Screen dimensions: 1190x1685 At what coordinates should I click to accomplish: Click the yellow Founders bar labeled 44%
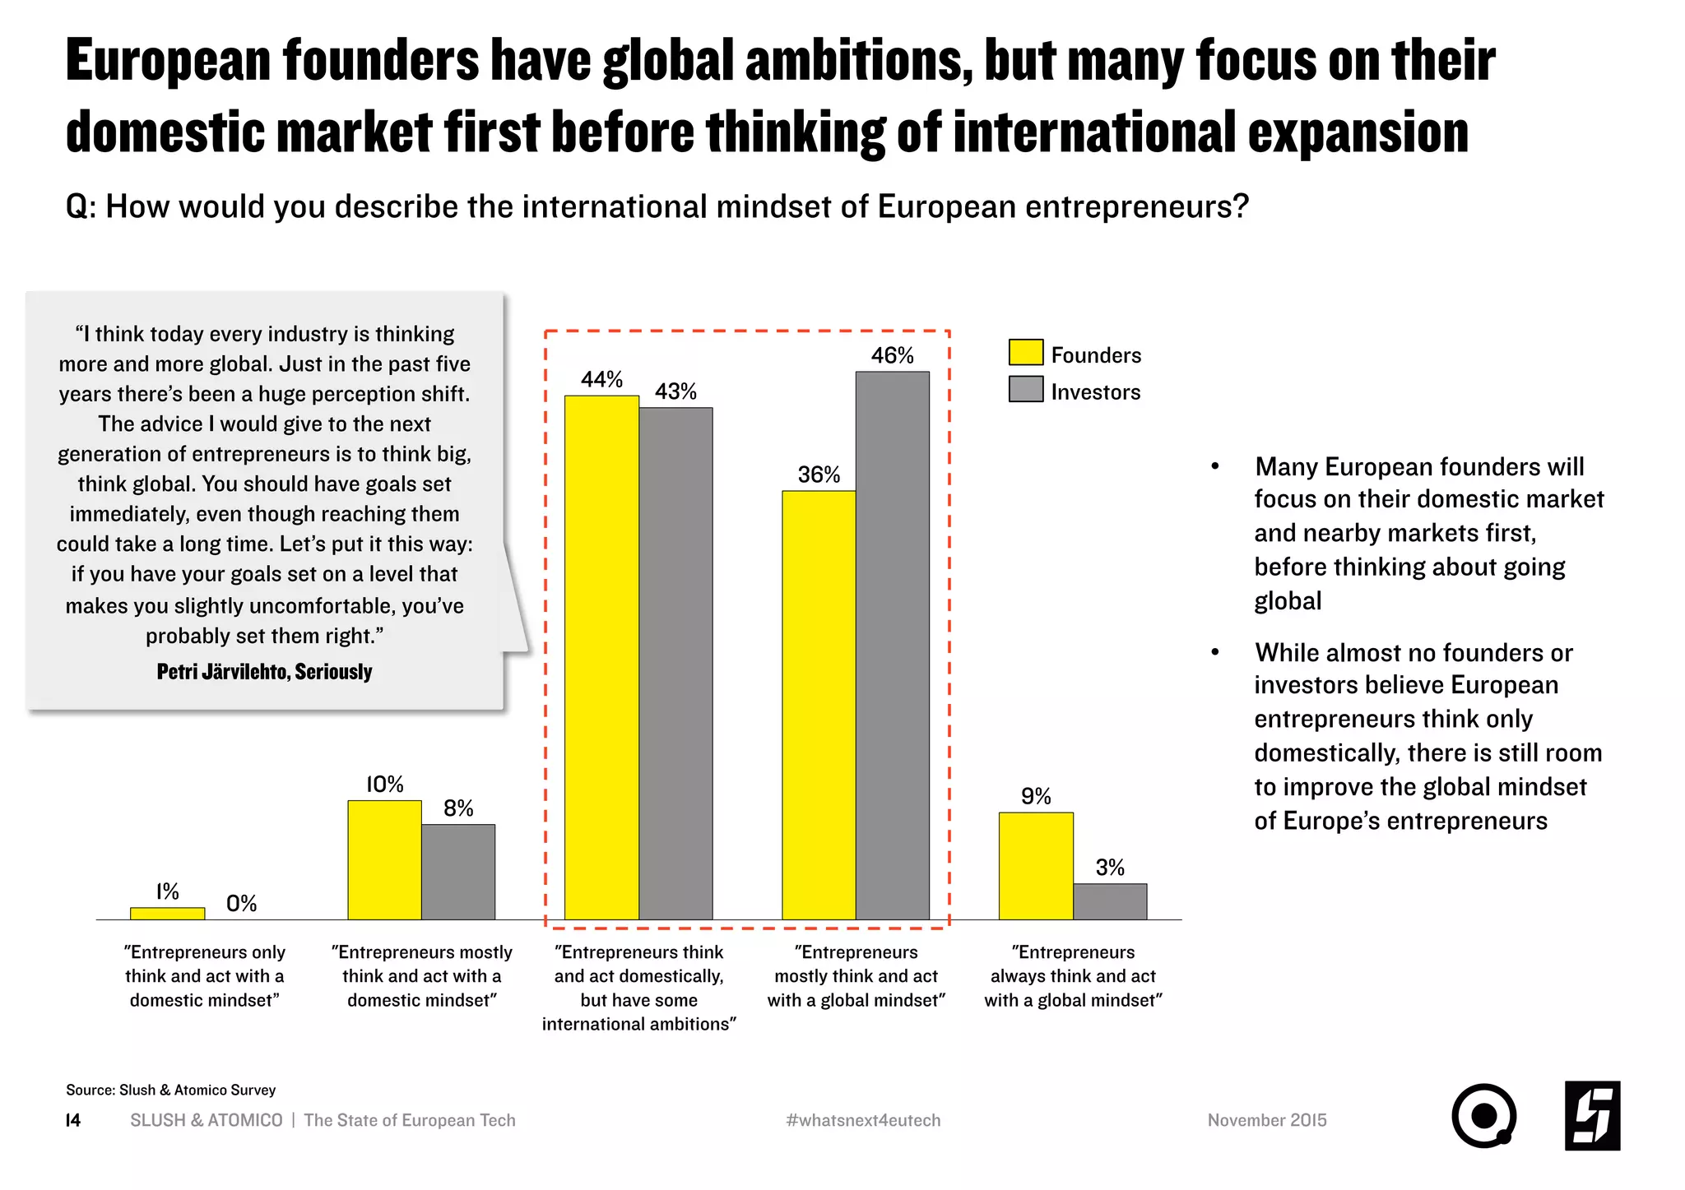click(601, 658)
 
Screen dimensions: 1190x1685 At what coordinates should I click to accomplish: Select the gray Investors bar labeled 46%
click(893, 646)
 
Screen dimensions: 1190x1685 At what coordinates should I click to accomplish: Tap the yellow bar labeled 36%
click(819, 705)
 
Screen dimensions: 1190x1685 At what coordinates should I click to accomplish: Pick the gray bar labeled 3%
click(1110, 901)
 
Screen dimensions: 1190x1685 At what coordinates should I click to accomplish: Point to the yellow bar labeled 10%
click(384, 859)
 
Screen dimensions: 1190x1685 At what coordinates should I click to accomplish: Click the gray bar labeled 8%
click(458, 872)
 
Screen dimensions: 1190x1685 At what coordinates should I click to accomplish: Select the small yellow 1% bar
click(167, 914)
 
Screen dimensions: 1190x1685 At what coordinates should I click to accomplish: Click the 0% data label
click(241, 904)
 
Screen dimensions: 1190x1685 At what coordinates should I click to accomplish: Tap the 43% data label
click(675, 391)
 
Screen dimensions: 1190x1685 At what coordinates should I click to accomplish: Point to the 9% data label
click(1036, 796)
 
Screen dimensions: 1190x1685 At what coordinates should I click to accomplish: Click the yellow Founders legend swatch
click(1025, 353)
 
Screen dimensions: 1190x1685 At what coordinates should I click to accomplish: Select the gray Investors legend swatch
click(1025, 390)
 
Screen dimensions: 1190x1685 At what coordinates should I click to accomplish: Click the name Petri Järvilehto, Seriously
click(264, 672)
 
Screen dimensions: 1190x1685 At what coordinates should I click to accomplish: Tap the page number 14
click(73, 1120)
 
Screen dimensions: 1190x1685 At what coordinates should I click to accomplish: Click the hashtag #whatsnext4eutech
click(863, 1120)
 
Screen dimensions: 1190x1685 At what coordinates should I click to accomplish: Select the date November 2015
click(1267, 1120)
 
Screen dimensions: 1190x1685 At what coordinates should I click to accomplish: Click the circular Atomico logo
click(1483, 1116)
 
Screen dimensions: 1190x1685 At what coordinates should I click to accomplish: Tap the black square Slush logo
click(1592, 1116)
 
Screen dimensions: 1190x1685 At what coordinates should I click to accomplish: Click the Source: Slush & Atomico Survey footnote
click(170, 1090)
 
